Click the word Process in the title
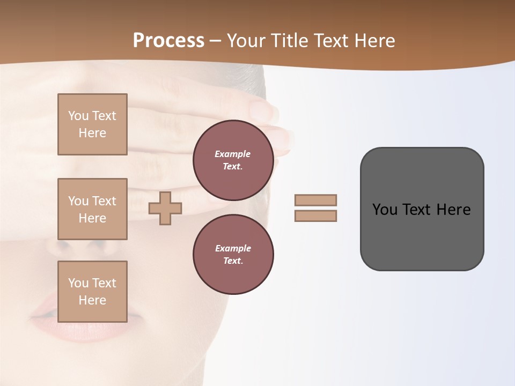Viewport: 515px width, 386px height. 168,41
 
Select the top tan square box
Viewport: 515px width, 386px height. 92,124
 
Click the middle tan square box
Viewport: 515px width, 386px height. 92,209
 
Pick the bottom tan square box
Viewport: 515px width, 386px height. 92,292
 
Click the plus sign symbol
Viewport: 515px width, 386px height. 165,208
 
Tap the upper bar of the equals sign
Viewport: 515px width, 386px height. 315,200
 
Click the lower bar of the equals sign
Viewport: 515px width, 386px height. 315,216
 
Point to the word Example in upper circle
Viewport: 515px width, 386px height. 233,154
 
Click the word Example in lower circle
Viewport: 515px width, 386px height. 233,248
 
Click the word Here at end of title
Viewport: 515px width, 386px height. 375,41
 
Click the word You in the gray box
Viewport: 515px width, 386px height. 385,210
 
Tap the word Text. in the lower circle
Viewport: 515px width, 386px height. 233,261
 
